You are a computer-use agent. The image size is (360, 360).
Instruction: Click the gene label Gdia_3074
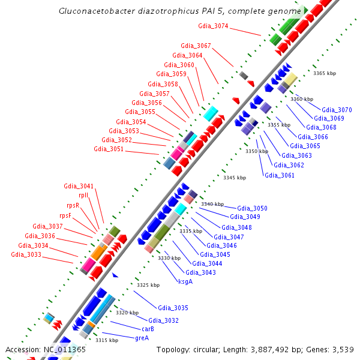click(213, 26)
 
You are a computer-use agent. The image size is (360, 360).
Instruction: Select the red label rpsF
click(65, 215)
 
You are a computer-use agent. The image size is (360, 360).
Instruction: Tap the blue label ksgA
click(185, 281)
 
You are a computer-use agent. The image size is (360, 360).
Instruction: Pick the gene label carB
click(148, 329)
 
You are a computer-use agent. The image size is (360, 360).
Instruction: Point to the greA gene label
click(142, 338)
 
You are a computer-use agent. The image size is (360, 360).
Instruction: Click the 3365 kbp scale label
click(325, 73)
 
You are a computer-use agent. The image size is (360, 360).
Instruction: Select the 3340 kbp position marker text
click(212, 204)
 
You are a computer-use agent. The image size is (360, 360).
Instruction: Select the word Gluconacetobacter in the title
click(96, 11)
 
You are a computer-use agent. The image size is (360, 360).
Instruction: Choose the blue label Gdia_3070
click(337, 110)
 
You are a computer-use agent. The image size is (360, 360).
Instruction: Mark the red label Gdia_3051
click(109, 149)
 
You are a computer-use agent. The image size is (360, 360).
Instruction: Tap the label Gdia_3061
click(280, 175)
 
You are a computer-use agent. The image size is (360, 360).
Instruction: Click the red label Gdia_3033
click(26, 254)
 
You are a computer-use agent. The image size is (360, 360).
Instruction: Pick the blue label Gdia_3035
click(173, 308)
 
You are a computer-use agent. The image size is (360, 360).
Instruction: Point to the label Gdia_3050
click(252, 208)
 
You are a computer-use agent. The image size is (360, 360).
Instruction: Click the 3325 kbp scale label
click(148, 285)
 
